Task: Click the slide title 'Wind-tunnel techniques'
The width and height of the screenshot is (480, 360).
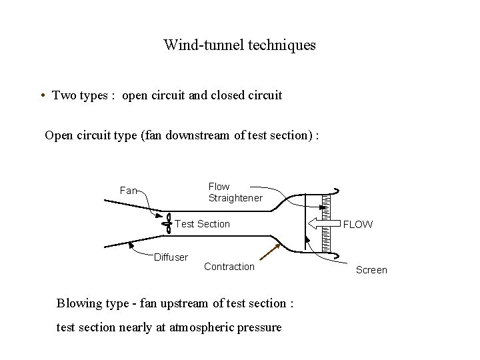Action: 239,46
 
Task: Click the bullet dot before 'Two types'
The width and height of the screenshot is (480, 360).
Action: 43,95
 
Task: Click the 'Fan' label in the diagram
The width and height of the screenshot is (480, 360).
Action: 128,191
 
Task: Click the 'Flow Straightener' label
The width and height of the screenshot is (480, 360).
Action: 235,193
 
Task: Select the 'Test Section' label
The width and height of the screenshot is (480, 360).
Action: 202,224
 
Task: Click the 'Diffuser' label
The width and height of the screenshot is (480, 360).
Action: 171,257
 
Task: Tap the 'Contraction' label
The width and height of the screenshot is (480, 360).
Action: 229,267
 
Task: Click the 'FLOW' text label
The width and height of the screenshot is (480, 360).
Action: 358,225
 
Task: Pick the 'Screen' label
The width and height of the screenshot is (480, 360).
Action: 371,270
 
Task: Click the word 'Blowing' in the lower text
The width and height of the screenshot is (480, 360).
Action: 79,303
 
